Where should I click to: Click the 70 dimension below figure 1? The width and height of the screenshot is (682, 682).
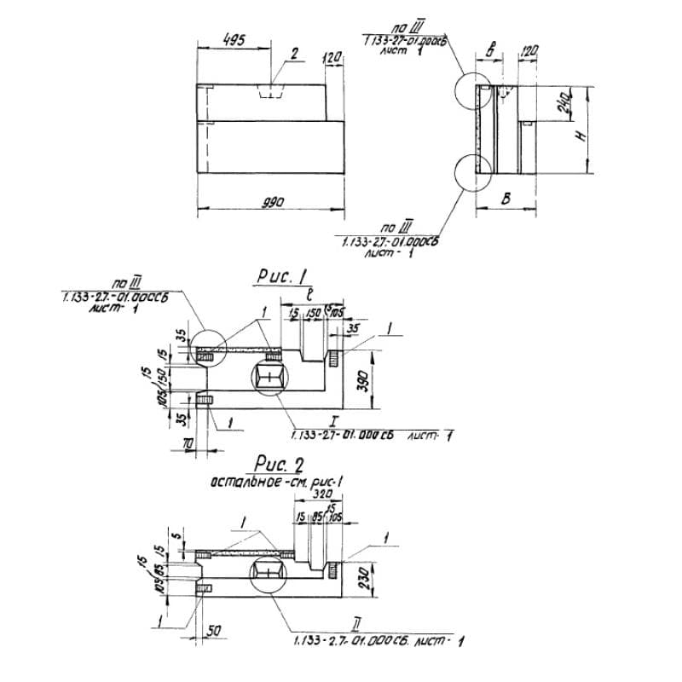click(188, 445)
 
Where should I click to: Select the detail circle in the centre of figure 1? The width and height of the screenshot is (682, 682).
click(272, 376)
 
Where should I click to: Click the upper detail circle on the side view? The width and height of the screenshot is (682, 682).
click(474, 92)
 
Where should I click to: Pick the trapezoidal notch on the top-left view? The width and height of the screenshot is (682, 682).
click(271, 91)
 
